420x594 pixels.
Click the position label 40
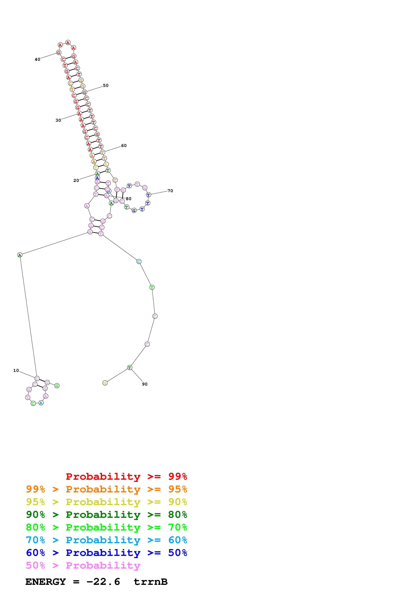37,59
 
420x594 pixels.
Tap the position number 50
106,86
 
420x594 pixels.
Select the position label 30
58,120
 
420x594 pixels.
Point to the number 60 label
124,146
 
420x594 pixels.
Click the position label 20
76,180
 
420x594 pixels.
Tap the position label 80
129,199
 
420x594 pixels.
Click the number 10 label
16,370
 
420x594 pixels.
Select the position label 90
145,384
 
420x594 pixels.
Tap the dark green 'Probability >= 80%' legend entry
106,515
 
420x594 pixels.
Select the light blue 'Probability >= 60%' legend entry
106,540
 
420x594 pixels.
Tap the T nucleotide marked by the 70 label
148,195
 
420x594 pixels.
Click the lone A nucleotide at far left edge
20,255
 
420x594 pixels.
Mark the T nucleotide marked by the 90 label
130,367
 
